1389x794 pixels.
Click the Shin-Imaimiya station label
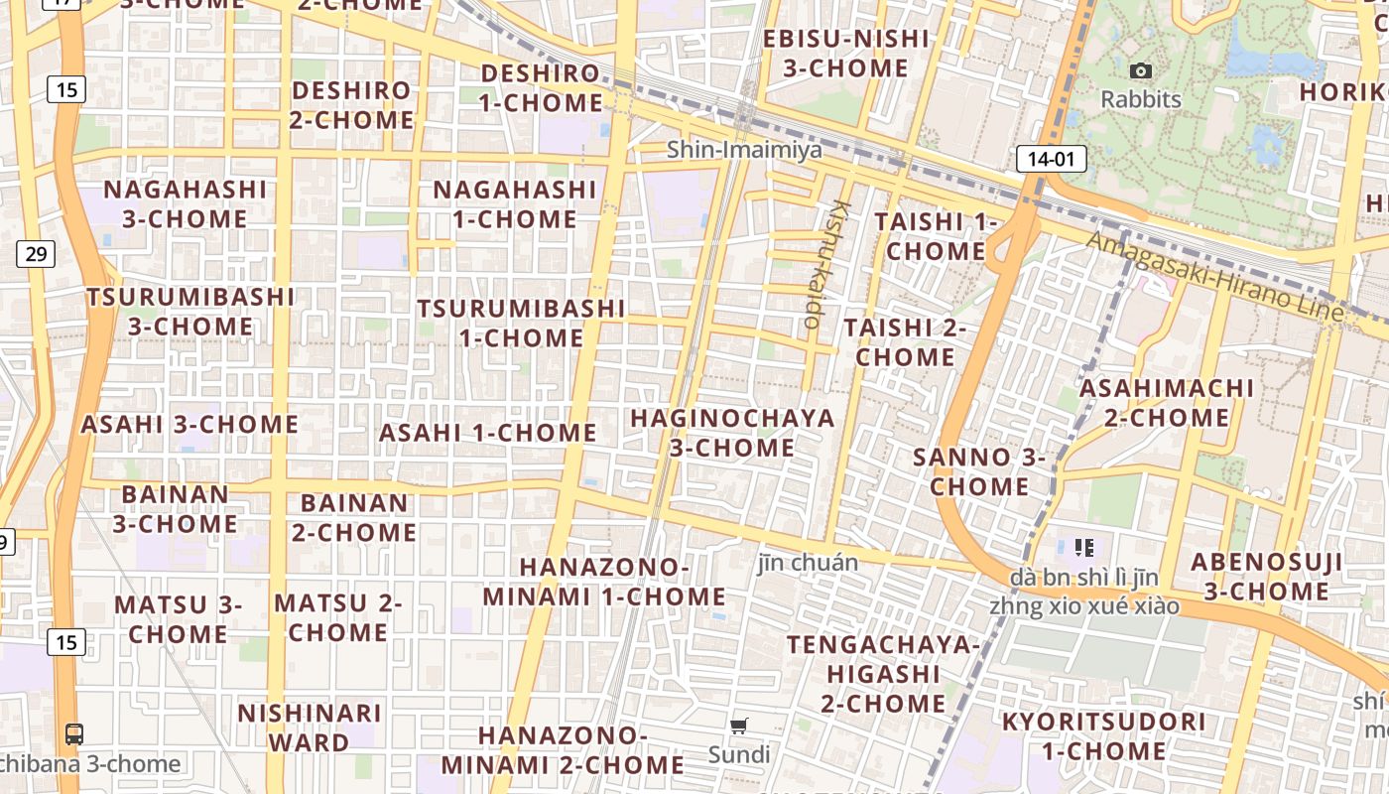click(x=744, y=150)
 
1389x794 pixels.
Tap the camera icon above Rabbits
click(x=1141, y=70)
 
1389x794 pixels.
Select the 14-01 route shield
click(x=1051, y=158)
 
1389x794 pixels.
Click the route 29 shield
click(x=36, y=254)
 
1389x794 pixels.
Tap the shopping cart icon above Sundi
click(x=738, y=727)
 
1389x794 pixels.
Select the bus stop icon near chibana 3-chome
click(x=74, y=734)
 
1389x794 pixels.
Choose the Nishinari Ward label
click(x=310, y=728)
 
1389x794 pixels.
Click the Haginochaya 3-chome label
click(x=732, y=433)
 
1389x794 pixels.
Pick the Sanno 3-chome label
click(x=979, y=471)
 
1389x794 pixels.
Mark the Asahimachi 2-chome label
click(x=1167, y=402)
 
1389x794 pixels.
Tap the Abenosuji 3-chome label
click(x=1267, y=577)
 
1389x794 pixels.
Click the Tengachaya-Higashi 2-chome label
click(x=883, y=674)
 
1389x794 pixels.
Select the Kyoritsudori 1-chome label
click(x=1103, y=735)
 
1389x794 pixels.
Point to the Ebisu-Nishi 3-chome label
click(x=846, y=54)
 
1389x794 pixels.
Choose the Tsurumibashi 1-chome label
click(x=521, y=323)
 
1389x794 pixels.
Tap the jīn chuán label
click(x=808, y=563)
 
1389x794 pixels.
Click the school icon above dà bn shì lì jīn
click(x=1083, y=547)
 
